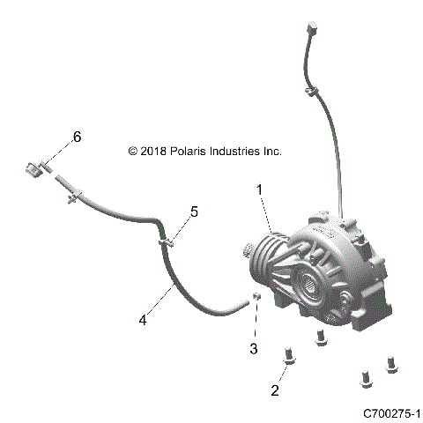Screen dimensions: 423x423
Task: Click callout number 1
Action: point(260,189)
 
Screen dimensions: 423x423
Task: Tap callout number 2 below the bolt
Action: point(275,390)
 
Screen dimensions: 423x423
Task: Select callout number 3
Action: point(254,350)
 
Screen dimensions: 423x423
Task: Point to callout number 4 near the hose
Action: point(142,320)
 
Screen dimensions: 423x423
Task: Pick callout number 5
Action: point(194,211)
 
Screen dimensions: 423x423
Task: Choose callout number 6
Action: point(77,137)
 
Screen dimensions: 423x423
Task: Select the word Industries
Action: point(236,152)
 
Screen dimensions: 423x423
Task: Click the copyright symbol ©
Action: point(133,152)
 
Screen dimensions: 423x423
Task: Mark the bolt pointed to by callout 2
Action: point(289,356)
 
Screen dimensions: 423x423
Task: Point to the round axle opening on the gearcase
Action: point(313,284)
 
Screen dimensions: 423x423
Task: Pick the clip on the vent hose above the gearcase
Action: point(312,90)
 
